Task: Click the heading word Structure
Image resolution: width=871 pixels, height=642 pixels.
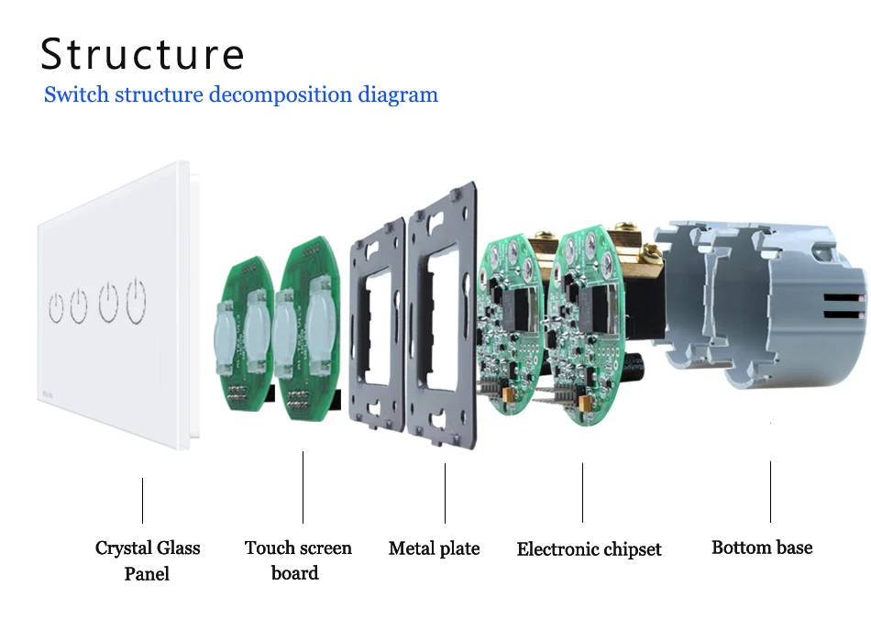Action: coord(142,54)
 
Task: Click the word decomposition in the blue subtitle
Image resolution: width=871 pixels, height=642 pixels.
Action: coord(281,94)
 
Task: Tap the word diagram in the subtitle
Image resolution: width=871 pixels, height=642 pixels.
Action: coord(398,94)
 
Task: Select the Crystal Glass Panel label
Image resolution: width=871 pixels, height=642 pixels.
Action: coord(148,560)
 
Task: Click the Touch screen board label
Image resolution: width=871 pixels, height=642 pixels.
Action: coord(298,560)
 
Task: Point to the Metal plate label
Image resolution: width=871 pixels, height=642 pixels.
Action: coord(434,548)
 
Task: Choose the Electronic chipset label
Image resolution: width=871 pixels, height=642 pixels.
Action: coord(589,549)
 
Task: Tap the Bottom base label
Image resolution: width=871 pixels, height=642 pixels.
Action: coord(762,548)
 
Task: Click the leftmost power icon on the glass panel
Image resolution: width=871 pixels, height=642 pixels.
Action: coord(56,308)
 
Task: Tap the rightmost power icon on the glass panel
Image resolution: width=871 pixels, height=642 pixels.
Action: coord(136,301)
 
